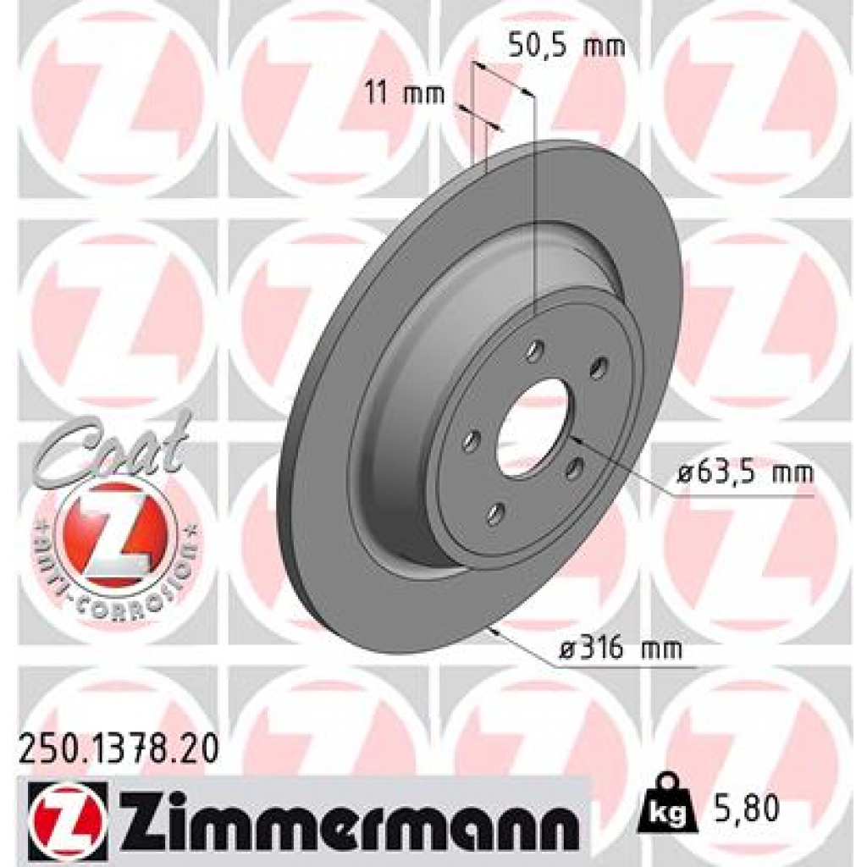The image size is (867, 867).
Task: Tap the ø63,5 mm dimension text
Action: point(744,472)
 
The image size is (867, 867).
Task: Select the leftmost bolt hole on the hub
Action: point(472,440)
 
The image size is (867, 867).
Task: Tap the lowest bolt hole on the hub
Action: point(494,511)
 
